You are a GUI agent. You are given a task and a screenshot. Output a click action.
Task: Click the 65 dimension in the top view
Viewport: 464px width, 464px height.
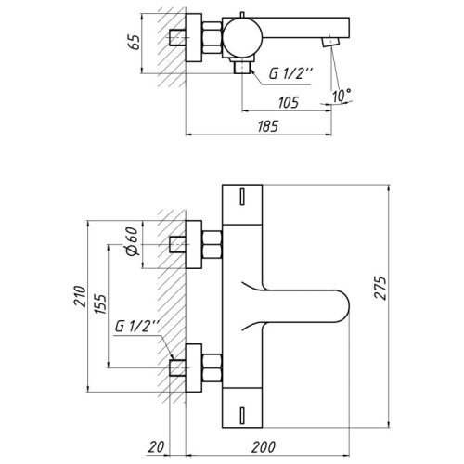click(135, 43)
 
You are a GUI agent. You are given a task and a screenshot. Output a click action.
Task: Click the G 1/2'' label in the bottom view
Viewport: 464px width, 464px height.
click(137, 327)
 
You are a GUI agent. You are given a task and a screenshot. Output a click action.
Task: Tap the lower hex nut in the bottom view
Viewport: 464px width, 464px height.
click(212, 361)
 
